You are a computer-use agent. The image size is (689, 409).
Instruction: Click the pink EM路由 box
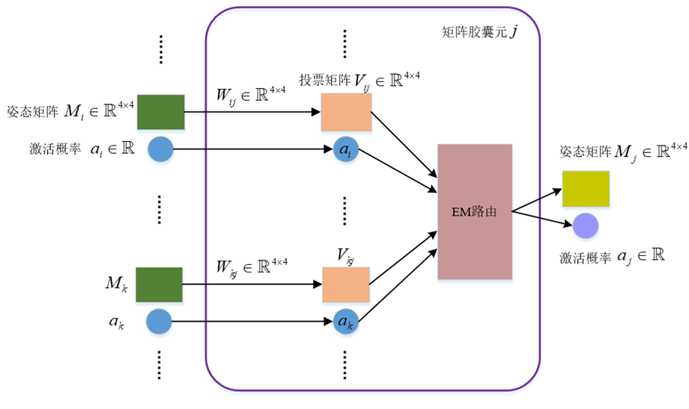475,212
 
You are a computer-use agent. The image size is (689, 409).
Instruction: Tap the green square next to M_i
161,113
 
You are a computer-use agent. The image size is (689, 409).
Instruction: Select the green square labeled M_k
159,284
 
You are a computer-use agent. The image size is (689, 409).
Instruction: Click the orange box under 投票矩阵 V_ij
346,113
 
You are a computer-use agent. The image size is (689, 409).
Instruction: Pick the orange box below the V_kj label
346,284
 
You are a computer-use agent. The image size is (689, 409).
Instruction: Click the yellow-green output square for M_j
585,189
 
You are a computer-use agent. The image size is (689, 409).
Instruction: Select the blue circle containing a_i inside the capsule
344,150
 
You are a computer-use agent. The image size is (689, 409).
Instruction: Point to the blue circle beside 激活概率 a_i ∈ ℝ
160,150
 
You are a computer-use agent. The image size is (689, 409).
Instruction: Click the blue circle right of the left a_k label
159,322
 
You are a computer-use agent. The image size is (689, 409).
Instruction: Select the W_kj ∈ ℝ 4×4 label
250,266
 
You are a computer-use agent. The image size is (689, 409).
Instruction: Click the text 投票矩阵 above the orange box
321,80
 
